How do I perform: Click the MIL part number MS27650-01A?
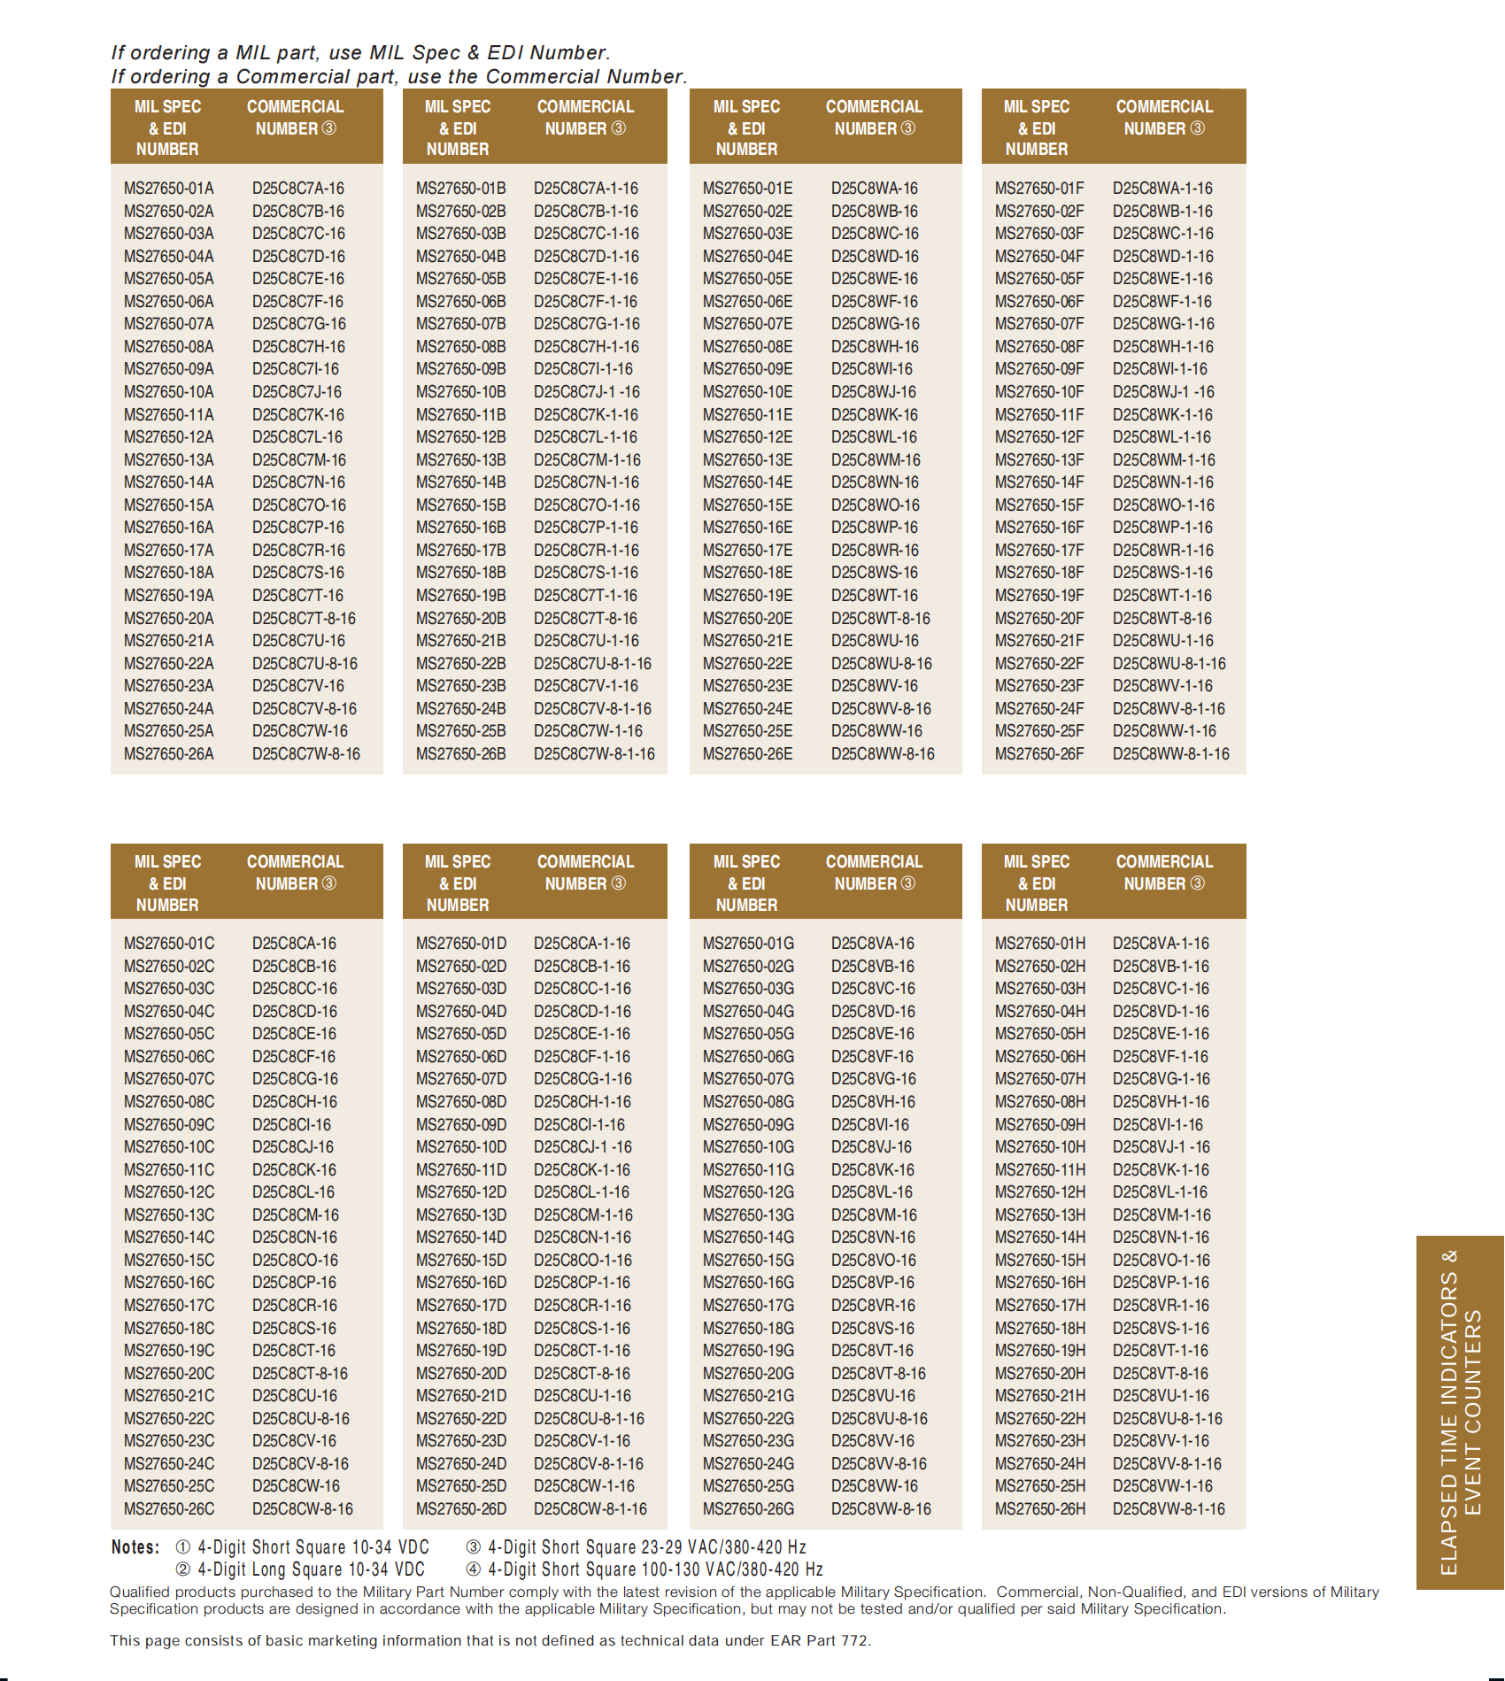(168, 189)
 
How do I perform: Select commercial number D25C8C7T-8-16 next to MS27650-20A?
(304, 619)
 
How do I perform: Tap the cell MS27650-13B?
(460, 460)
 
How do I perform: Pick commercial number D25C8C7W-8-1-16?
(594, 754)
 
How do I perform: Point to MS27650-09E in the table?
(747, 369)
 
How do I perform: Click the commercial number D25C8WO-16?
(875, 505)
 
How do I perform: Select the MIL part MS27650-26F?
(1038, 754)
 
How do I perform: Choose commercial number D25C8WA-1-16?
(1162, 189)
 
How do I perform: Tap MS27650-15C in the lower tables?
(168, 1261)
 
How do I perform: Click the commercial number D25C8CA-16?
(294, 944)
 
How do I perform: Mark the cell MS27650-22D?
(460, 1419)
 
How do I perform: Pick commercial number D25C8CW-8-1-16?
(590, 1509)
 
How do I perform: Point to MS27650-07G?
(748, 1079)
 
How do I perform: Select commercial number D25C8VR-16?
(873, 1306)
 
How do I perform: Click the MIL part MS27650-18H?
(1039, 1329)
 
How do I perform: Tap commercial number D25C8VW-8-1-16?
(1169, 1509)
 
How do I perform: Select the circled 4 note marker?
(474, 1569)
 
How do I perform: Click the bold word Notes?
(135, 1547)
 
